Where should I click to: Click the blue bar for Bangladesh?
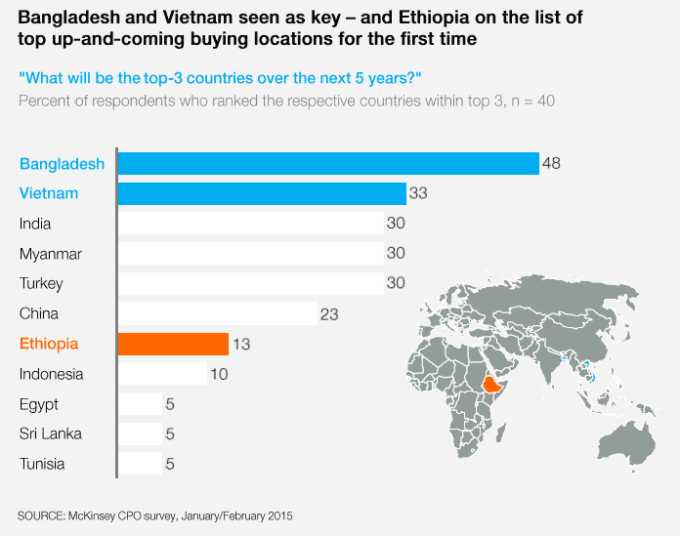[328, 163]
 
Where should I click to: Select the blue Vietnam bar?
[262, 193]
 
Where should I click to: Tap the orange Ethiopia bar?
[173, 344]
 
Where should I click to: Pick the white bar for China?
[218, 313]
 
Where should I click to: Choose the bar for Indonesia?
[162, 374]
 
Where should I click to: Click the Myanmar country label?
[50, 255]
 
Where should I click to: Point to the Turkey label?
[41, 284]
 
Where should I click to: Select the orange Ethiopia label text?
[49, 344]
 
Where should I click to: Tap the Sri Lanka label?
[50, 433]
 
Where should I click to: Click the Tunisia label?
[42, 464]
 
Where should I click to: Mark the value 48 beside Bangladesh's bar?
[551, 163]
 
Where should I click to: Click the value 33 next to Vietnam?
[418, 193]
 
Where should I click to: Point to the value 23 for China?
[329, 314]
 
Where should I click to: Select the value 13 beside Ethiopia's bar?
[241, 345]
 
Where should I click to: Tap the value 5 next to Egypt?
[170, 404]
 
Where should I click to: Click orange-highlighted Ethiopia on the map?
[492, 385]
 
